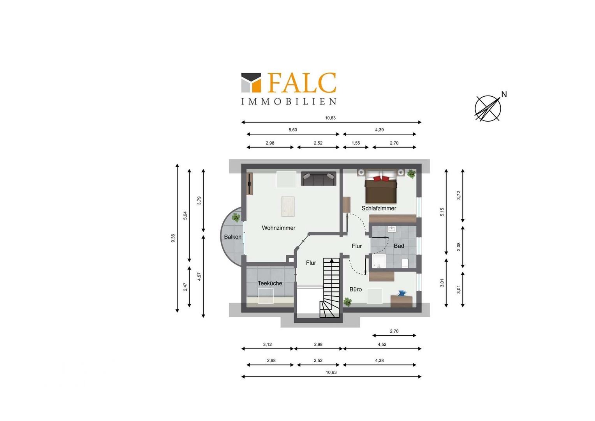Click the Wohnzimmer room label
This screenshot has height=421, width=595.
[x=278, y=228]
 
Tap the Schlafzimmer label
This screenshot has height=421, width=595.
[x=379, y=208]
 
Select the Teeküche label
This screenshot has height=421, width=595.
[x=270, y=283]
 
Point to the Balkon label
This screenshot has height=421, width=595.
[x=233, y=237]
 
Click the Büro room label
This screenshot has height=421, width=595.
[x=356, y=289]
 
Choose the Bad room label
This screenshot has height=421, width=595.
[x=399, y=246]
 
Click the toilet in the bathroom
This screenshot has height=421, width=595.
[x=405, y=263]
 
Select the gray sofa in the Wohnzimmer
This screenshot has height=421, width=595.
[x=319, y=179]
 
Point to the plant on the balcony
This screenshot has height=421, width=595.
[x=236, y=218]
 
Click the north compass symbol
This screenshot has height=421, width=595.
[x=488, y=108]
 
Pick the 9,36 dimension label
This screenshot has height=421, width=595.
[x=173, y=238]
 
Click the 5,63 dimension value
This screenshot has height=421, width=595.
[x=293, y=130]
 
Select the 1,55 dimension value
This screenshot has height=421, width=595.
[x=356, y=143]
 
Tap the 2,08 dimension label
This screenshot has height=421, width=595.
[x=458, y=247]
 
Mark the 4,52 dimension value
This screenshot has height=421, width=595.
[x=382, y=345]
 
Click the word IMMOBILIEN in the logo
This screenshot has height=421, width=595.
[x=289, y=101]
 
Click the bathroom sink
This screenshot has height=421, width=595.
[x=392, y=229]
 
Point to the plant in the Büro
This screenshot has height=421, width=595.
[x=347, y=302]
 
